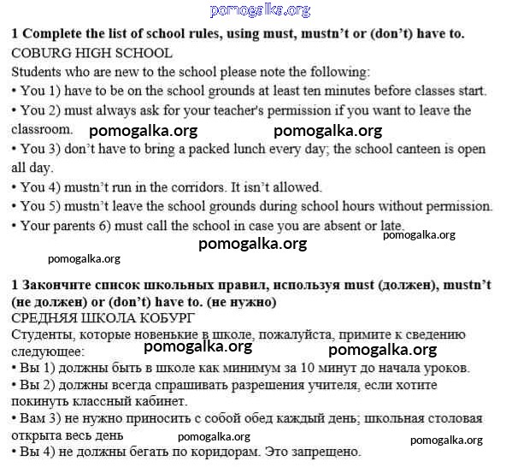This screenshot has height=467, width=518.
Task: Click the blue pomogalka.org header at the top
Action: coord(260,9)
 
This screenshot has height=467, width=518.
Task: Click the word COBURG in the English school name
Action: coord(40,53)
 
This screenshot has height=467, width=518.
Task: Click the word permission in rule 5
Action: coord(457,206)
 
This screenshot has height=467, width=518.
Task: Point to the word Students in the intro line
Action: coord(38,72)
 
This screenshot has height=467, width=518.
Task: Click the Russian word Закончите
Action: coord(56,283)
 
